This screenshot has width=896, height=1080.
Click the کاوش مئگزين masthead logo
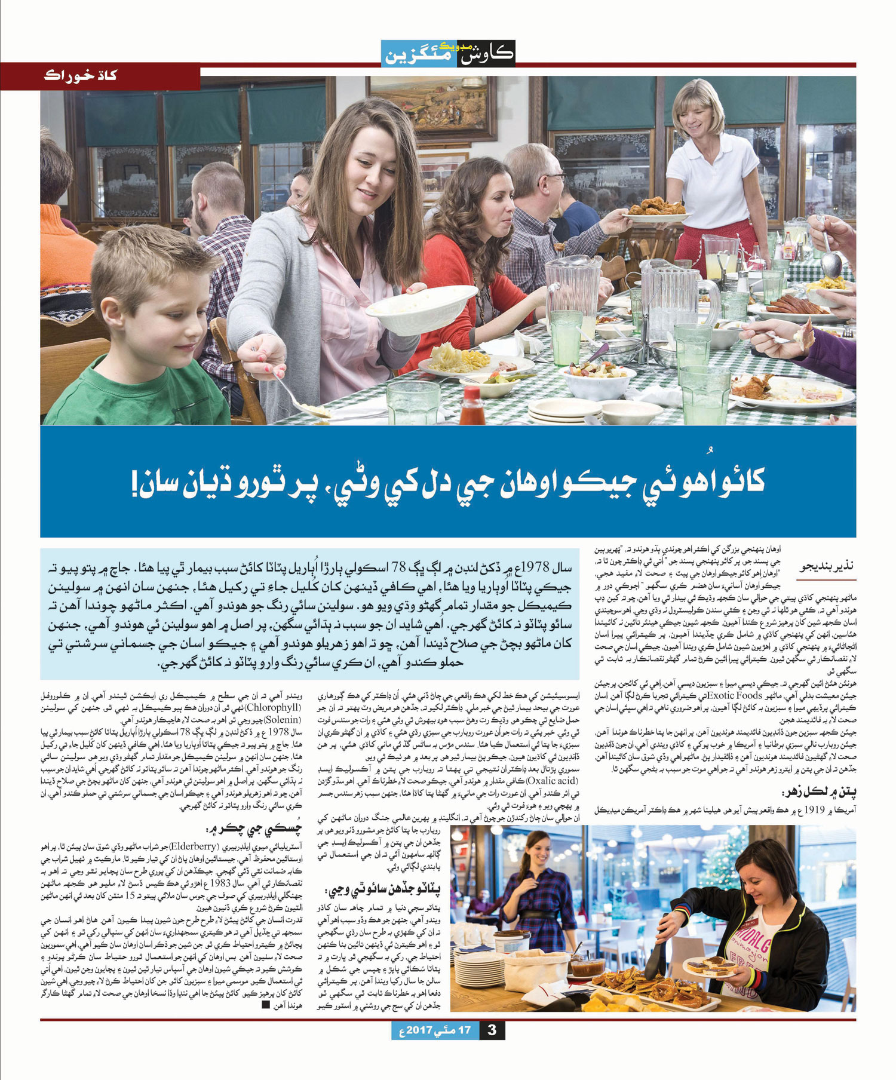[448, 53]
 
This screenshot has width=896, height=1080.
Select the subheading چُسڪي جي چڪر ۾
[254, 829]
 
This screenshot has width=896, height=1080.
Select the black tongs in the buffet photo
[656, 950]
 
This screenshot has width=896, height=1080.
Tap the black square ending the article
[266, 1005]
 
